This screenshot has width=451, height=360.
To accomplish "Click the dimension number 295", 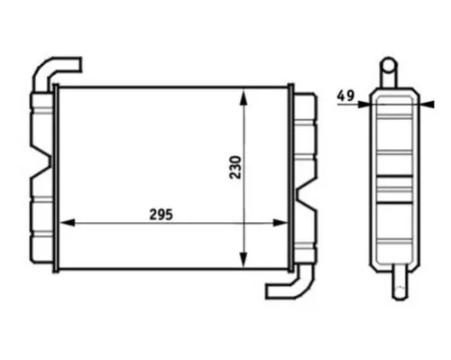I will point(160,215).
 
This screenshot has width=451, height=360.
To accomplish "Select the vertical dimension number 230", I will point(235,169).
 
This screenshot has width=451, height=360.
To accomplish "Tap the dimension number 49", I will point(345,94).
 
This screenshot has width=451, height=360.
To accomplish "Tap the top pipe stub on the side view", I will point(388,71).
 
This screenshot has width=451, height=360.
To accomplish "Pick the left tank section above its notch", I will point(41,126).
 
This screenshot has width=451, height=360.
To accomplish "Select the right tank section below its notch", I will point(305,226).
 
